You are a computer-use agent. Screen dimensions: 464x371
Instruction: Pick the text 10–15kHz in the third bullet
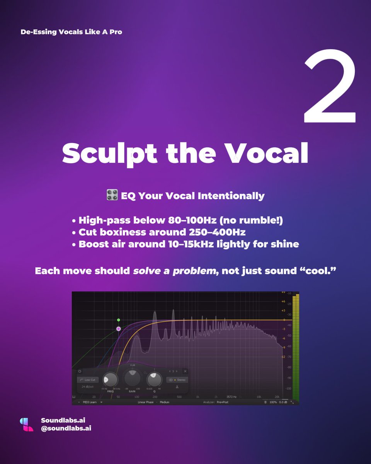(191, 244)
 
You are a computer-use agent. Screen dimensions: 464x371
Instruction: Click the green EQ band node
(119, 320)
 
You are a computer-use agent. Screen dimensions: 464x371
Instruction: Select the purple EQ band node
(119, 329)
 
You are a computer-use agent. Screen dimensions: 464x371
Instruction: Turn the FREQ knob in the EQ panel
(111, 380)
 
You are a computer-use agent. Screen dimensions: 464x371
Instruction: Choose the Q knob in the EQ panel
(154, 380)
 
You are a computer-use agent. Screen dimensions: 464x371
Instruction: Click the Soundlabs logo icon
(27, 424)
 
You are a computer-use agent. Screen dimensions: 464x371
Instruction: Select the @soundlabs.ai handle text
(66, 428)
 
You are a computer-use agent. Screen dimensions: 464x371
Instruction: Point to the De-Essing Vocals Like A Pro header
(71, 32)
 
